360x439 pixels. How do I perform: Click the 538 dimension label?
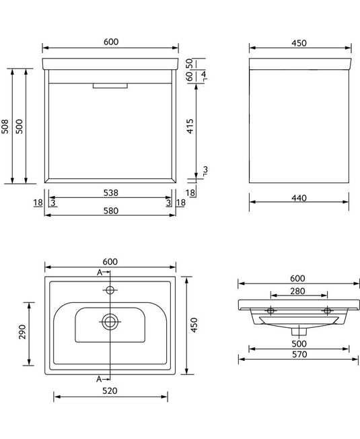111,193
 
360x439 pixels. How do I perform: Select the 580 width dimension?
111,211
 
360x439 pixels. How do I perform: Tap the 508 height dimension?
5,127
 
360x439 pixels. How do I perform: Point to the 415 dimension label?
190,127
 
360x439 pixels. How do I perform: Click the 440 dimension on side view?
299,198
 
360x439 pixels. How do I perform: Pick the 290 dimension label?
22,332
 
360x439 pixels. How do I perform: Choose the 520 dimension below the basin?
110,391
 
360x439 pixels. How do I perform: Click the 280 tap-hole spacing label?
297,291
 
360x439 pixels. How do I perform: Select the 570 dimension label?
299,354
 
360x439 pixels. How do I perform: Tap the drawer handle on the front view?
110,86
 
